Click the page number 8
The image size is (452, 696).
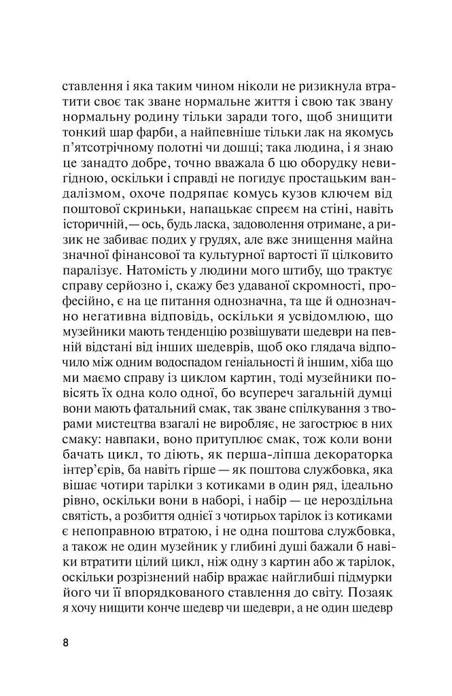(65, 641)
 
